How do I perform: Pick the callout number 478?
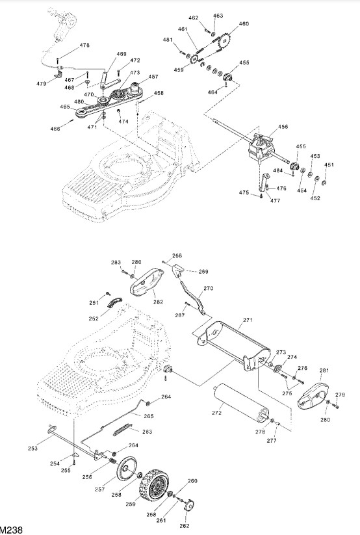click(84, 45)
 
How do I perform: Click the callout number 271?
click(248, 320)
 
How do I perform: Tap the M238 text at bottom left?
click(11, 530)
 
